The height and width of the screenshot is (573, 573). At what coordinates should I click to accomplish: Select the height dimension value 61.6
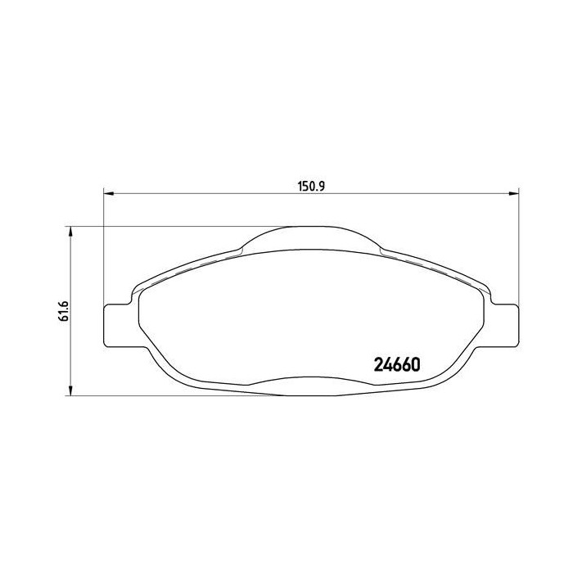point(61,311)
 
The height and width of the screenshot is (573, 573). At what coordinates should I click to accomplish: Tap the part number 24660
point(397,365)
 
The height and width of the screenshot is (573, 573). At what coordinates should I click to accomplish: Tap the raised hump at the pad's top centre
point(312,234)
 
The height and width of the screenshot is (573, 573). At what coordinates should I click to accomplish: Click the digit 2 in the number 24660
point(378,365)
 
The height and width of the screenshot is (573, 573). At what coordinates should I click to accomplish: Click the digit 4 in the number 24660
point(387,365)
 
